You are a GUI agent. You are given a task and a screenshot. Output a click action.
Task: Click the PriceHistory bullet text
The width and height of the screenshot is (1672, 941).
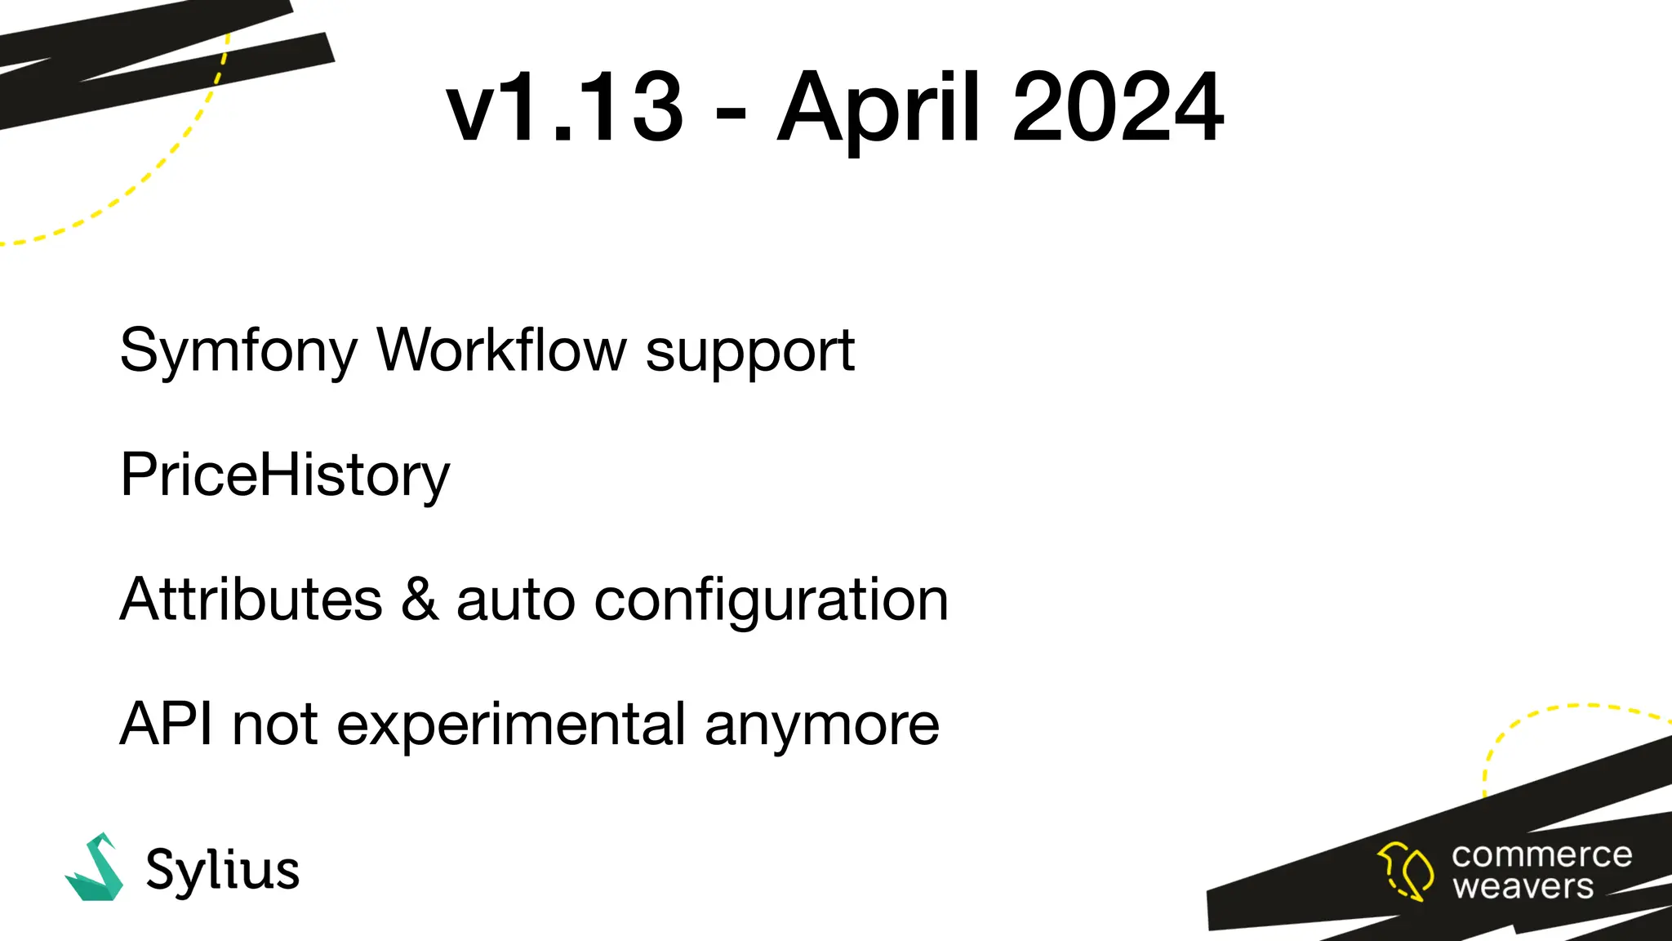coord(285,475)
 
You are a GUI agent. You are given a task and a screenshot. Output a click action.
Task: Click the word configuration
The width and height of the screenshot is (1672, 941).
coord(771,601)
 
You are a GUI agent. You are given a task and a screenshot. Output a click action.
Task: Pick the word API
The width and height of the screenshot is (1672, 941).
coord(167,724)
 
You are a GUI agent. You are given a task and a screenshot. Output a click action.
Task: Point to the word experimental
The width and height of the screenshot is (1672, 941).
coord(511,725)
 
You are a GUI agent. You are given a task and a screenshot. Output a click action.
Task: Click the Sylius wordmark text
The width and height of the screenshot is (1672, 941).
coord(222,871)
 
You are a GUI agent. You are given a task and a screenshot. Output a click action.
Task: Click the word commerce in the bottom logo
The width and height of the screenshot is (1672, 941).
coord(1541,855)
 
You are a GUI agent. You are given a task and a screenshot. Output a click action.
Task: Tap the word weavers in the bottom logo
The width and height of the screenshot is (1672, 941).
coord(1523,886)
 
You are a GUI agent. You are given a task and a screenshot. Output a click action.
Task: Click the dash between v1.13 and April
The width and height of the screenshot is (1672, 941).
coord(730,115)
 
